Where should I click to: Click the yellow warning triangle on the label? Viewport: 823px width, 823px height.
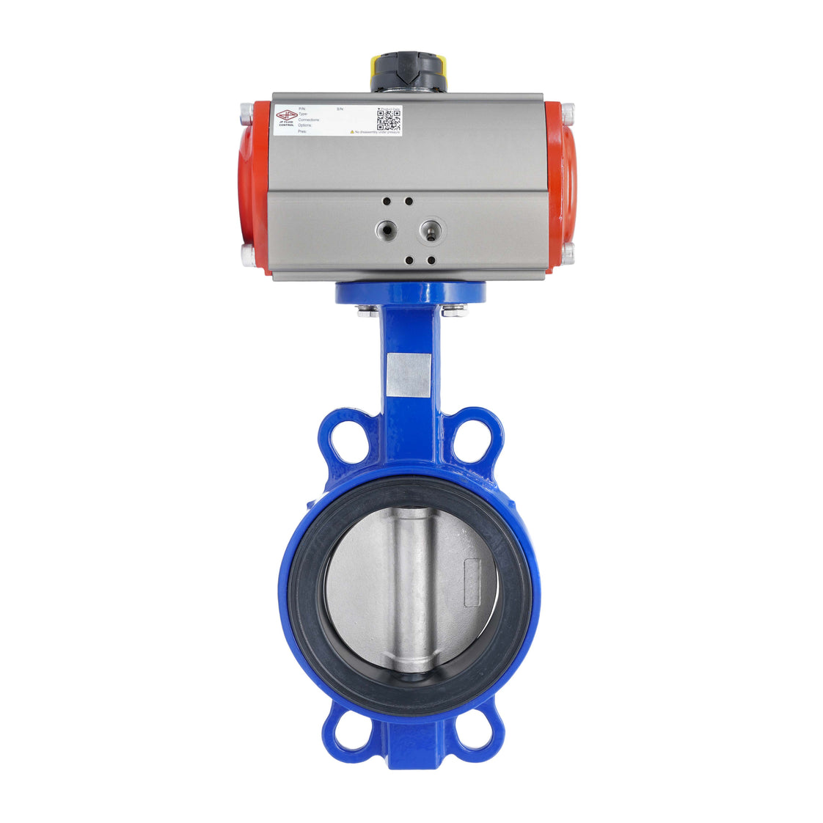click(352, 132)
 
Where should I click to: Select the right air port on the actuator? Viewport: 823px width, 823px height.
click(431, 231)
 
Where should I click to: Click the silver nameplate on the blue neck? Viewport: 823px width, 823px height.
click(409, 375)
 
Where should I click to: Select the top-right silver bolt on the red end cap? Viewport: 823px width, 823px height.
click(567, 113)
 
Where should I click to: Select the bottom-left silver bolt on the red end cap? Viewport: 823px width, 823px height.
click(247, 254)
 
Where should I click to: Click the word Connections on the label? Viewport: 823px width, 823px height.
click(309, 120)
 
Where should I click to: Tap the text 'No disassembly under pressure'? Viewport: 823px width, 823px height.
click(377, 132)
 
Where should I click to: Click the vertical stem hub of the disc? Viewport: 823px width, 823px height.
click(413, 587)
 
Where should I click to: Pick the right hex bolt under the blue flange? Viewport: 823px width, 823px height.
click(455, 311)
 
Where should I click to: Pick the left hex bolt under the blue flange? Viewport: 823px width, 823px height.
click(368, 312)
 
